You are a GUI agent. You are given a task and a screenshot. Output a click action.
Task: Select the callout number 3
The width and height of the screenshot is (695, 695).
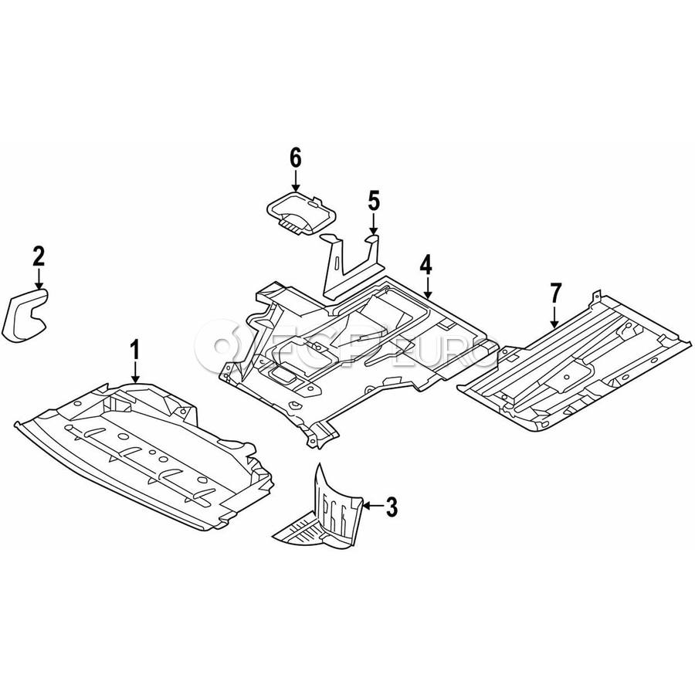click(392, 507)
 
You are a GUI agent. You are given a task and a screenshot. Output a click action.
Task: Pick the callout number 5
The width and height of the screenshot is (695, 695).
click(374, 202)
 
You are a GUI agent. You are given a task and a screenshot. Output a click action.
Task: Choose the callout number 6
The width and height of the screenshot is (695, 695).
click(295, 157)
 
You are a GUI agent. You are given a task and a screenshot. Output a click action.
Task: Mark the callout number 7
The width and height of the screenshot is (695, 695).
click(554, 293)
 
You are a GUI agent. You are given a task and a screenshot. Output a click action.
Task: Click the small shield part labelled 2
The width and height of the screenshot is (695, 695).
click(25, 314)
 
